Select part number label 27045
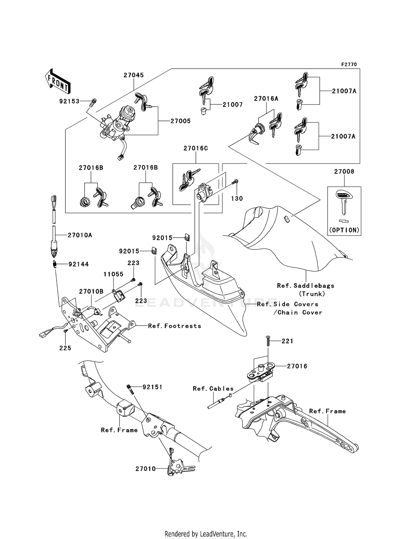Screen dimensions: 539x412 pos(133,75)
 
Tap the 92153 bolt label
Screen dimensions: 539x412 pos(69,101)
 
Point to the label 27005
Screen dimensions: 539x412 pos(180,121)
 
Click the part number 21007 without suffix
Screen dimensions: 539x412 pos(232,105)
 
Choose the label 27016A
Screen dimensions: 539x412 pos(266,99)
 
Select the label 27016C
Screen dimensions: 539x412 pos(196,148)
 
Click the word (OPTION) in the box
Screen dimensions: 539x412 pos(344,230)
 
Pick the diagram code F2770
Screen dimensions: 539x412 pos(349,65)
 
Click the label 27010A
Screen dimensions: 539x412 pos(80,235)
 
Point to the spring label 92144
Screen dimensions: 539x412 pos(79,264)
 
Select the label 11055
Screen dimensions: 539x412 pos(113,274)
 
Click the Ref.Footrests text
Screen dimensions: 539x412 pos(174,326)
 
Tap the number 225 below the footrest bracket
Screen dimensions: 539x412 pos(65,348)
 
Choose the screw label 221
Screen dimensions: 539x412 pos(287,341)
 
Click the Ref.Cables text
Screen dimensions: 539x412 pos(213,389)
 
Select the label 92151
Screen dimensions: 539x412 pos(152,387)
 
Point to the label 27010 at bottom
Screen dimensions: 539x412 pos(146,469)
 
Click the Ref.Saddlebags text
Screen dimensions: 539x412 pos(305,286)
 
